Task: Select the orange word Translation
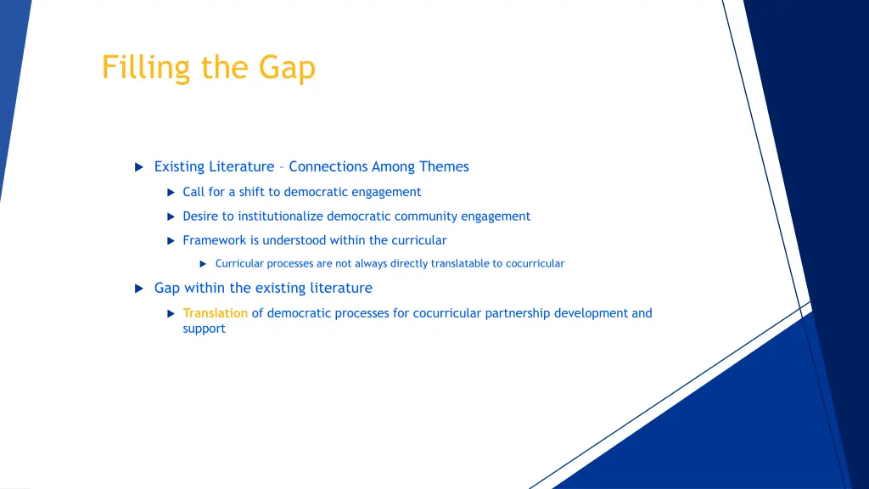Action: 215,313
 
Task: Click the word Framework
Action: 214,240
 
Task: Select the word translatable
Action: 466,264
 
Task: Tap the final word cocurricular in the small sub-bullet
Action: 535,264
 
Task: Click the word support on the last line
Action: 204,329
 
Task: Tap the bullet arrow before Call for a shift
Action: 170,193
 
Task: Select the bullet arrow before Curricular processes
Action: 203,264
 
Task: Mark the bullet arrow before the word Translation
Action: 170,314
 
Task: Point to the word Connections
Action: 328,167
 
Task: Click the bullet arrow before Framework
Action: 170,241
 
